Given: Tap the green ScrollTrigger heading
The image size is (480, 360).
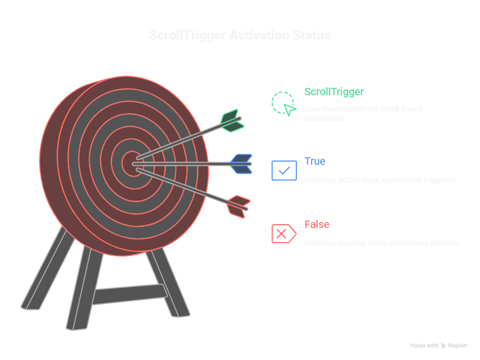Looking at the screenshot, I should (334, 92).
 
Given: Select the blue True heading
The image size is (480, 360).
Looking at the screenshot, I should (315, 161).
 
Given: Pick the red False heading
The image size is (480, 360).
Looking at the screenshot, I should (317, 224).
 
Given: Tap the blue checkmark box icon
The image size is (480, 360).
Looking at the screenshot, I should (284, 171).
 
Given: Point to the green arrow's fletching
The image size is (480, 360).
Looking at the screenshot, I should (231, 120).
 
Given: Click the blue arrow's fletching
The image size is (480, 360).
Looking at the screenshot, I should (242, 164).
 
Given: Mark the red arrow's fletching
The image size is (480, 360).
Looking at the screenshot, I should (238, 206).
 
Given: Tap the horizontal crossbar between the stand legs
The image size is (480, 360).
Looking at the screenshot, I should (129, 294).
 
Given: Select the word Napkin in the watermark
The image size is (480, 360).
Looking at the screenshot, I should (457, 346).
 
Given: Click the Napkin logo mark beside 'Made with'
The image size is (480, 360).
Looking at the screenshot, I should (444, 346).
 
